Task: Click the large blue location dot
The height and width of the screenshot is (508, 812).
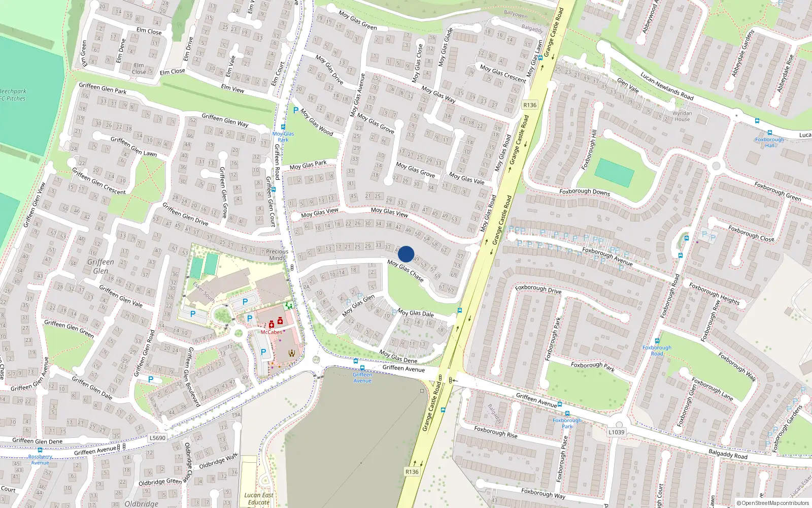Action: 406,254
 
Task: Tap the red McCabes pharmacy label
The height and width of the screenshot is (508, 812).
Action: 271,332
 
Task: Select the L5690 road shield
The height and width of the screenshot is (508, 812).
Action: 157,438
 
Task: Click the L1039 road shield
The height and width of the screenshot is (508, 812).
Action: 616,432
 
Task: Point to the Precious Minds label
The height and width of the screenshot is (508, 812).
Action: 277,255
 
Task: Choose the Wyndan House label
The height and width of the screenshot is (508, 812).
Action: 682,116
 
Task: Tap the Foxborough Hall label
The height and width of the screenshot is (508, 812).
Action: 769,142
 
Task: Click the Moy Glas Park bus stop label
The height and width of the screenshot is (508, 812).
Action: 283,137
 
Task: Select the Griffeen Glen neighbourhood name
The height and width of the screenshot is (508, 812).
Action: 100,266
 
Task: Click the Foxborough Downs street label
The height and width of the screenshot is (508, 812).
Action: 585,192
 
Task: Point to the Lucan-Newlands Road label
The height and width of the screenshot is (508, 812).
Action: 667,86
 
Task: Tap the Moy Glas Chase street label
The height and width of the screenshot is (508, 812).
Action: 405,271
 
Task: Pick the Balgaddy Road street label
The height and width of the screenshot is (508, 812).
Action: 728,454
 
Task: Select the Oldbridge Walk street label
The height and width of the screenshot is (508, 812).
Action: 218,461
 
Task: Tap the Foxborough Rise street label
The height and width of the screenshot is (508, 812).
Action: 496,432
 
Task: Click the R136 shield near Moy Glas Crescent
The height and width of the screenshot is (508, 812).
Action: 530,105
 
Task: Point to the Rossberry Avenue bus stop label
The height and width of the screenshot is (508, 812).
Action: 40,459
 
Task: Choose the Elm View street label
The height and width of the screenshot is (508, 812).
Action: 232,88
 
